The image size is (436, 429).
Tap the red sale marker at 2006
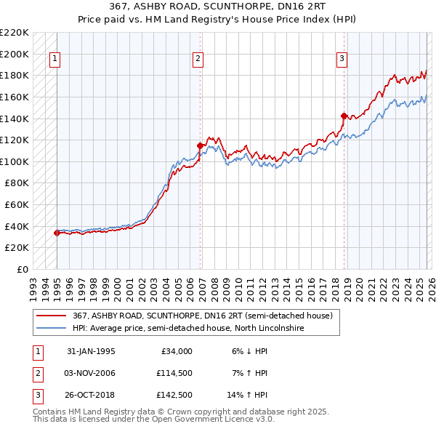tap(200, 145)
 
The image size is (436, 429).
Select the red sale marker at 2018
tap(344, 115)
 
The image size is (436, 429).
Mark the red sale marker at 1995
tap(57, 233)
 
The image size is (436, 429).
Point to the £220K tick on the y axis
tap(15, 33)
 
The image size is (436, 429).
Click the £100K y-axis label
tap(15, 161)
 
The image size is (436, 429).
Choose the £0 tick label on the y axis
tap(23, 269)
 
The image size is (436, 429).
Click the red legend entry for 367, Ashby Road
tap(202, 316)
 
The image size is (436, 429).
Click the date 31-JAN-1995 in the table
tap(91, 351)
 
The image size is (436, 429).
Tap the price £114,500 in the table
tap(173, 373)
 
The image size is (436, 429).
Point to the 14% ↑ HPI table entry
tap(249, 395)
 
